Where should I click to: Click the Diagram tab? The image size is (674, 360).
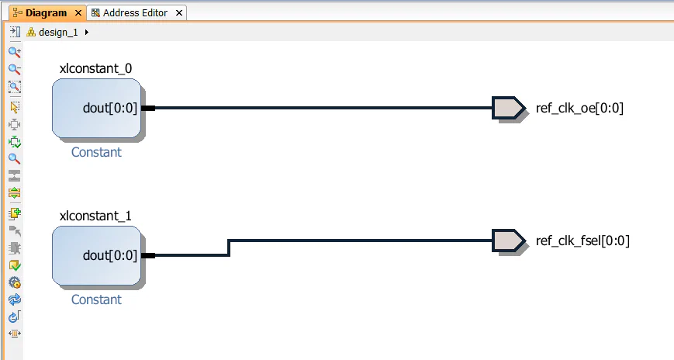pyautogui.click(x=45, y=13)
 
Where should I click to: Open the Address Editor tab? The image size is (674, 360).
pyautogui.click(x=137, y=13)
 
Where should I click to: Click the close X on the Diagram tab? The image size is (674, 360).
pyautogui.click(x=78, y=13)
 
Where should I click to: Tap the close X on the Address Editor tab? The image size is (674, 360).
pyautogui.click(x=179, y=13)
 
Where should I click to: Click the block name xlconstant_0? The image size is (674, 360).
pyautogui.click(x=90, y=68)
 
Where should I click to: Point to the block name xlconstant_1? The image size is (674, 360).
pyautogui.click(x=90, y=216)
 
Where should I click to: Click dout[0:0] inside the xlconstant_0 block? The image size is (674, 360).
pyautogui.click(x=109, y=108)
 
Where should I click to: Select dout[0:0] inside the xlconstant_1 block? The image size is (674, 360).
pyautogui.click(x=109, y=255)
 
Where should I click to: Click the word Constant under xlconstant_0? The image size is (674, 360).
pyautogui.click(x=96, y=152)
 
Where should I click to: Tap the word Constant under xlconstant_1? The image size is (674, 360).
pyautogui.click(x=96, y=299)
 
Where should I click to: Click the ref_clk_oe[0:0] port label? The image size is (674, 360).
pyautogui.click(x=579, y=108)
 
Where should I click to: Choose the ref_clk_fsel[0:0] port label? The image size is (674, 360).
pyautogui.click(x=582, y=241)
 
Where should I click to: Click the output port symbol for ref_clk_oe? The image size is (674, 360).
pyautogui.click(x=508, y=108)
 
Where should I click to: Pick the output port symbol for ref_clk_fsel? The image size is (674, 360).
pyautogui.click(x=508, y=241)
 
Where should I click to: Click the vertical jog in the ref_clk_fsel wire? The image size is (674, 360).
pyautogui.click(x=228, y=247)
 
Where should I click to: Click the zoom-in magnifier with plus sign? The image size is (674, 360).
pyautogui.click(x=14, y=52)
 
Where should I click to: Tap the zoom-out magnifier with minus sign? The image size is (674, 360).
pyautogui.click(x=14, y=69)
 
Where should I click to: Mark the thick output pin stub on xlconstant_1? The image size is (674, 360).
pyautogui.click(x=148, y=255)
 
